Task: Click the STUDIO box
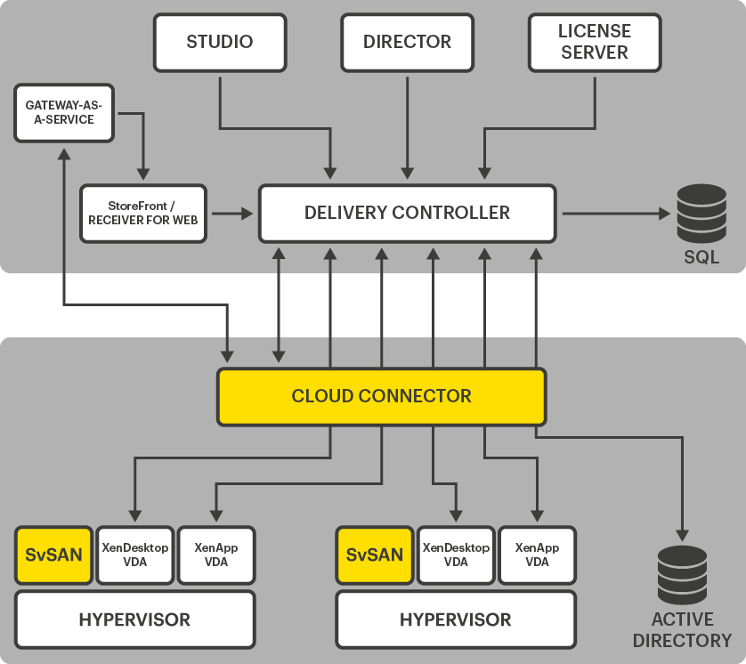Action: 219,42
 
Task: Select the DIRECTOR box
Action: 407,42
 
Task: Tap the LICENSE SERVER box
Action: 595,42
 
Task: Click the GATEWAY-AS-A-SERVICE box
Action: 65,112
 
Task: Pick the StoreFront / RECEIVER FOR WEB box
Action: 143,214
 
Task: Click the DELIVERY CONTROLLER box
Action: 407,214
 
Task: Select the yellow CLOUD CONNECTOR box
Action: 381,396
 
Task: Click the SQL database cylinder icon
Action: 701,214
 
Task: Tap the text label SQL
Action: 701,258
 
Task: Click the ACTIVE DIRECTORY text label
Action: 682,630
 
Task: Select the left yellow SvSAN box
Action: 54,555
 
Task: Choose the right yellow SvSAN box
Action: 375,555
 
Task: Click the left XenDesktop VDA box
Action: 135,555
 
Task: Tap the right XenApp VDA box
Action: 537,555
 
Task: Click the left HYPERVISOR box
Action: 134,619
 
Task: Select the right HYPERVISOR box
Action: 455,619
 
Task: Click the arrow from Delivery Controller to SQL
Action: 614,214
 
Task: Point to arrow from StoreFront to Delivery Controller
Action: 231,214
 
